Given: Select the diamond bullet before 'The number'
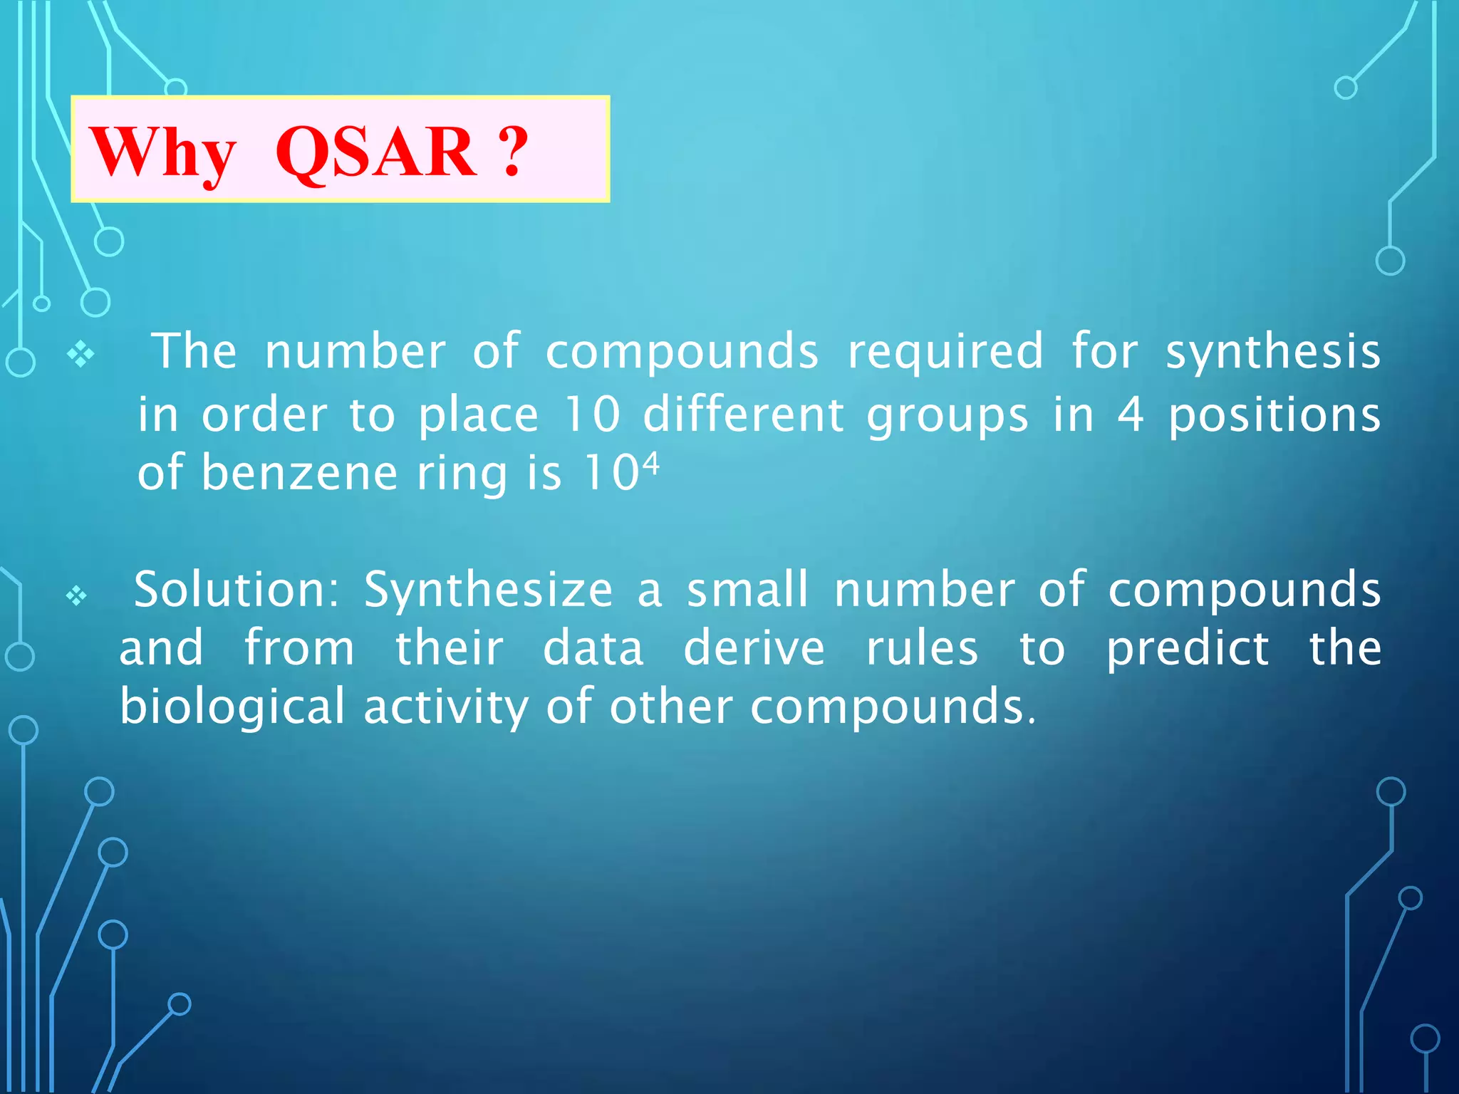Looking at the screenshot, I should (81, 354).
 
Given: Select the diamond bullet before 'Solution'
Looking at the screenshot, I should (76, 595).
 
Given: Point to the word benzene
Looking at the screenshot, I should (299, 473).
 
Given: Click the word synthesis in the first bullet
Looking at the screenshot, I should (1273, 351).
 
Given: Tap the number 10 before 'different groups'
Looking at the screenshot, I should (592, 415).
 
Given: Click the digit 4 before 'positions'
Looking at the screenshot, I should (1130, 415).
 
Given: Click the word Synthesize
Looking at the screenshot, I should (488, 590).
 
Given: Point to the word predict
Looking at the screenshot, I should (1187, 649).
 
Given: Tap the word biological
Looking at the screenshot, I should (232, 707).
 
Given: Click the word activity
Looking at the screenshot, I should (446, 707).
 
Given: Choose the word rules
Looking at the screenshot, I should (922, 649).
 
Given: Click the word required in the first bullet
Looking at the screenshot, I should (945, 353).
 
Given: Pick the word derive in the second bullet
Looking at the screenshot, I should (754, 649).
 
